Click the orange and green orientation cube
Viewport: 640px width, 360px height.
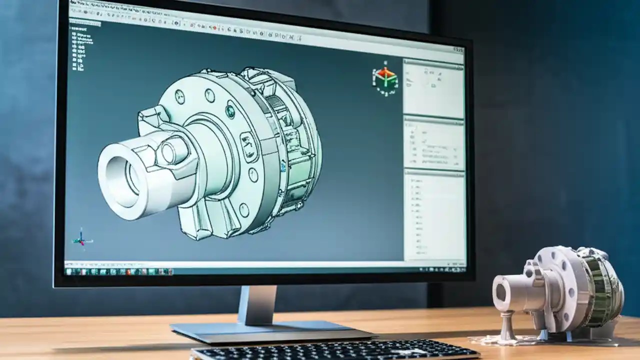384,78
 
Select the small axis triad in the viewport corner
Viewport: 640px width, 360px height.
81,238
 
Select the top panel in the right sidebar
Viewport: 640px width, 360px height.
433,88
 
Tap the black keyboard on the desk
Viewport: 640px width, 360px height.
335,350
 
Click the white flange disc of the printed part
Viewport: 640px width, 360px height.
557,285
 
